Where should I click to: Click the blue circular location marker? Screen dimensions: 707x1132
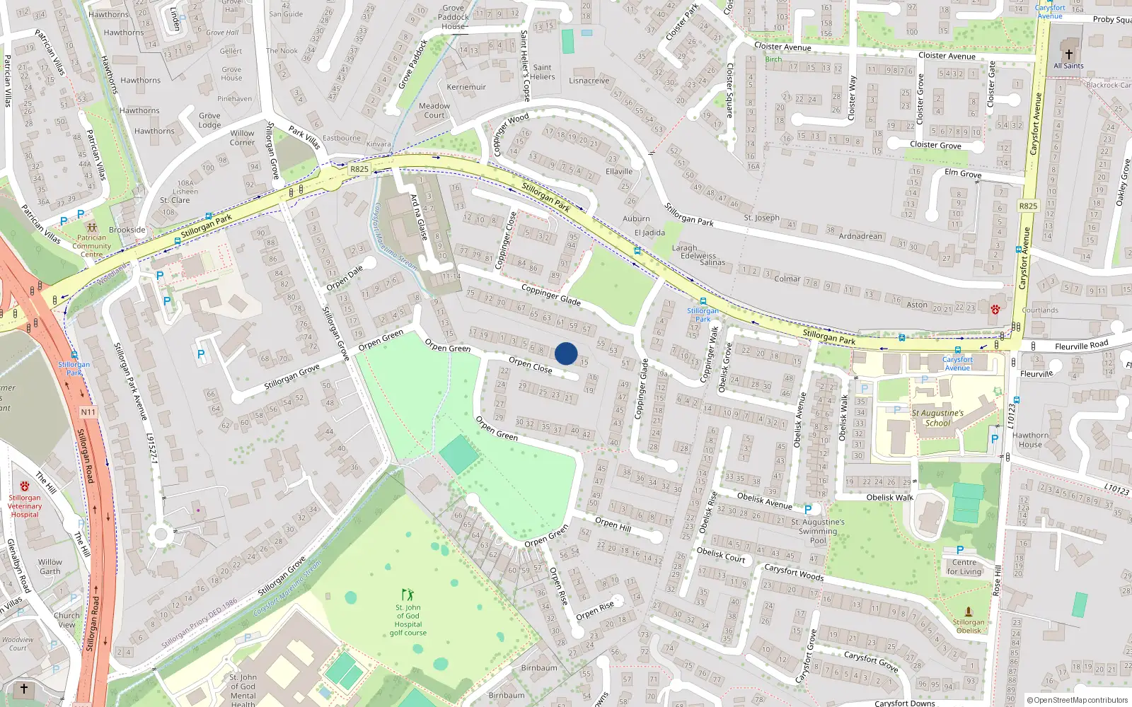coord(566,353)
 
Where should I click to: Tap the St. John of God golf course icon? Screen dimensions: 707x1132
coord(408,595)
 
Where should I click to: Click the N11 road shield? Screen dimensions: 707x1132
coord(88,412)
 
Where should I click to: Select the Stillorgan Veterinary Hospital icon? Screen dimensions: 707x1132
coord(25,486)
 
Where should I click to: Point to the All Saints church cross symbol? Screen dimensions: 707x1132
coord(1069,54)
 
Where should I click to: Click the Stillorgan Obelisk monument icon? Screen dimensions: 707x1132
coord(969,612)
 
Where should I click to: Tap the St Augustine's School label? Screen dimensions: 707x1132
coord(937,418)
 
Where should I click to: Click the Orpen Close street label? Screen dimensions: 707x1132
coord(531,365)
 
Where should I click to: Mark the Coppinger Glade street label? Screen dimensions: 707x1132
coord(550,295)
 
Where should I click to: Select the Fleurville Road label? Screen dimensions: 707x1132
coord(1081,346)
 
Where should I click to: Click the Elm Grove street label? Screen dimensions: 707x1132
coord(963,173)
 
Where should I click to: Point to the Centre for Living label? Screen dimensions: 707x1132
coord(964,567)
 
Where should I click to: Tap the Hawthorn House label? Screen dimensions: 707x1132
coord(1030,440)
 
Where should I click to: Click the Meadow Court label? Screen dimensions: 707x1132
coord(434,110)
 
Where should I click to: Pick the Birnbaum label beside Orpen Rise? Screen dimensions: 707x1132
coord(539,667)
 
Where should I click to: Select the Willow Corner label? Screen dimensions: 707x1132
coord(242,137)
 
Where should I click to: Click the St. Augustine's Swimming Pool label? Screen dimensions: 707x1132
coord(818,531)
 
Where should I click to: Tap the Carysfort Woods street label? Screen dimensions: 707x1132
coord(794,572)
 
